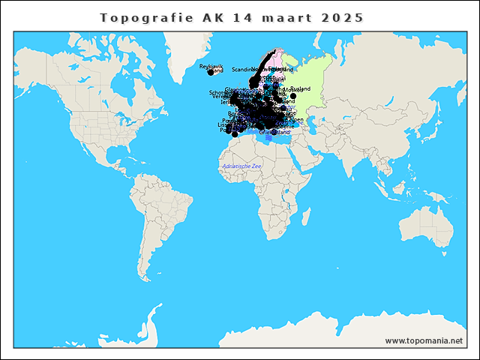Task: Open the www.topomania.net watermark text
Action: coord(424,340)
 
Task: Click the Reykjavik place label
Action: coord(211,67)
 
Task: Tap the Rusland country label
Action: coord(299,88)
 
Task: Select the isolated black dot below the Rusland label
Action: coord(293,96)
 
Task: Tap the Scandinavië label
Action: coord(244,69)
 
